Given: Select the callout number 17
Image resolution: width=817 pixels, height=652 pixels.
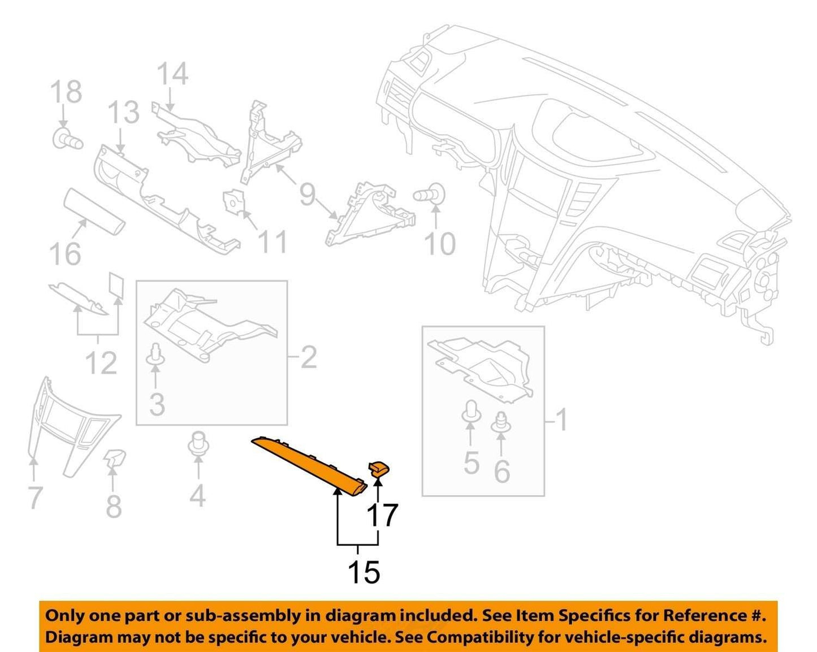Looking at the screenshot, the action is click(x=382, y=515).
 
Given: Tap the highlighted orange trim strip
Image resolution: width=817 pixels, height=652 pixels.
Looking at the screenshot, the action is click(x=309, y=465).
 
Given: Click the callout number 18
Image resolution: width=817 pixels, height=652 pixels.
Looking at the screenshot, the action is click(x=66, y=91).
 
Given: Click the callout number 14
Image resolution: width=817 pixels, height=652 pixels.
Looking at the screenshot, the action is click(x=172, y=74).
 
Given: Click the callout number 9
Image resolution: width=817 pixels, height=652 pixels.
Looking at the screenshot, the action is click(x=308, y=195).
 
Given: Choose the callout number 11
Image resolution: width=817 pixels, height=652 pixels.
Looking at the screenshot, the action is click(x=272, y=242).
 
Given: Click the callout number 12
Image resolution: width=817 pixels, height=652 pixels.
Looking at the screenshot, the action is click(x=101, y=362).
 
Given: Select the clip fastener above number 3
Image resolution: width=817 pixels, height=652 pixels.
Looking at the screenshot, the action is click(x=155, y=355).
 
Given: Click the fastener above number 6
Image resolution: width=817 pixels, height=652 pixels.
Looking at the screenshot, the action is click(x=501, y=422).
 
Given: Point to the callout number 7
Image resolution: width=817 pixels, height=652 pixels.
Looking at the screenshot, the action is click(x=35, y=498).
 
